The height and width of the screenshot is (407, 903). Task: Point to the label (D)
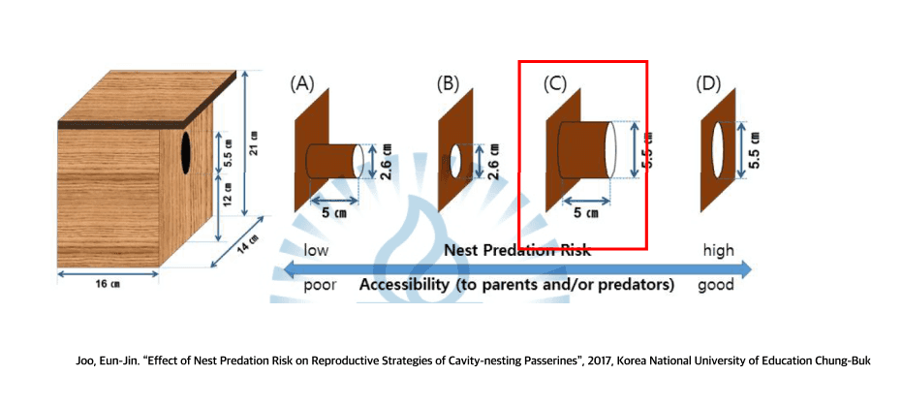[709, 83]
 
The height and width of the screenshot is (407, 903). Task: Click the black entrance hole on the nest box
[185, 153]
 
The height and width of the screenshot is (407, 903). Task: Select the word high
[719, 251]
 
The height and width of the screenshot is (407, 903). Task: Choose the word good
[716, 286]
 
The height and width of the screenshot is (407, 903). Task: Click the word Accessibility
[406, 286]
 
